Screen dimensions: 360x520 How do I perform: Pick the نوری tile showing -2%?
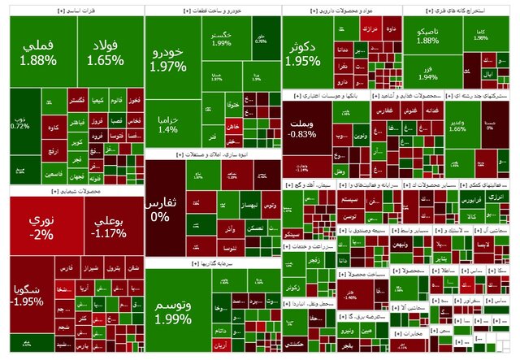[40, 227]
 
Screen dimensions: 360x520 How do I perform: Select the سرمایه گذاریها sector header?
[212, 264]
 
